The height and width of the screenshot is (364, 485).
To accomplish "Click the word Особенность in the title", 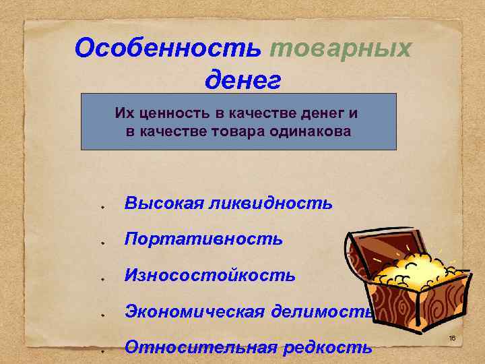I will (x=168, y=49).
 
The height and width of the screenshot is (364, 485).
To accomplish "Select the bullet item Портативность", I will (x=203, y=239).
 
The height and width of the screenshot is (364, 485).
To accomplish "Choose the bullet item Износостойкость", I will (x=209, y=275).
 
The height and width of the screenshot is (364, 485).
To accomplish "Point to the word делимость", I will (x=322, y=311).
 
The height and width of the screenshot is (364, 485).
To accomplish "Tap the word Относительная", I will (x=201, y=347).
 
